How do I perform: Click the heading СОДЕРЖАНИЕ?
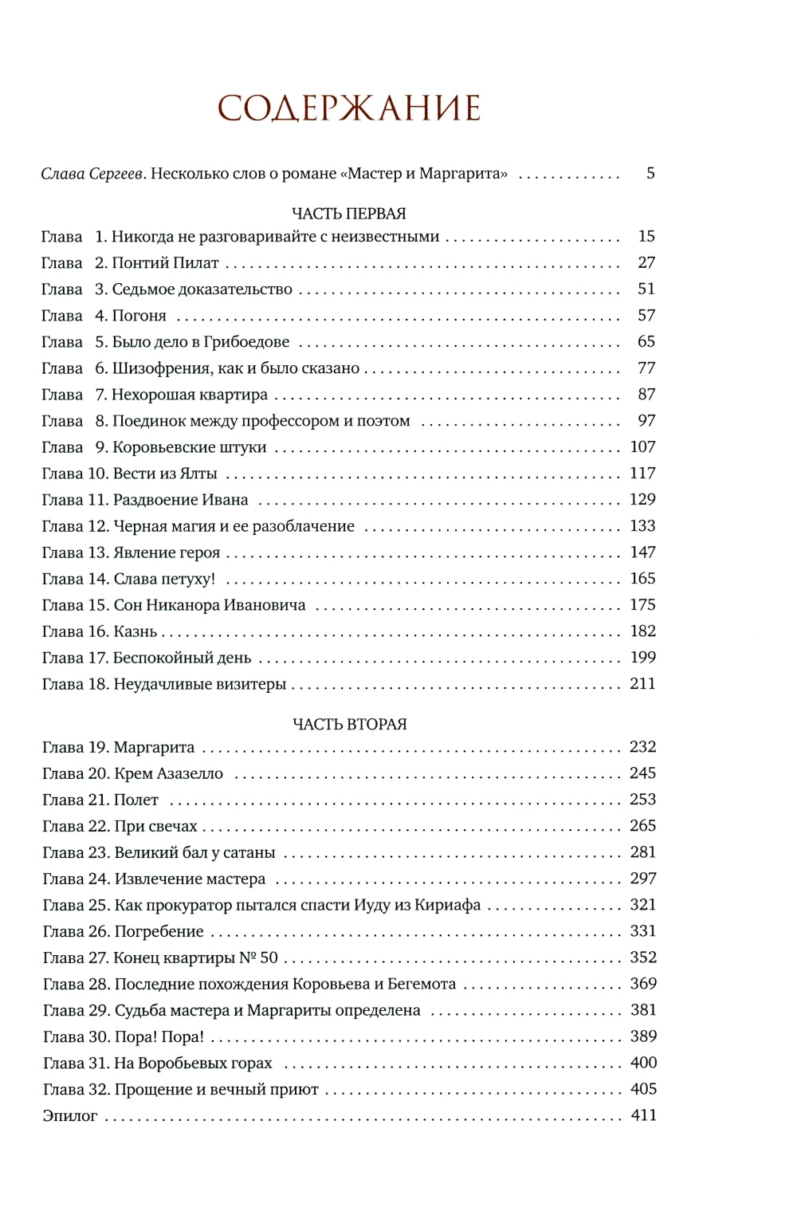pos(349,108)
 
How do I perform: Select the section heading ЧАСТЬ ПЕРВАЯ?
pos(349,214)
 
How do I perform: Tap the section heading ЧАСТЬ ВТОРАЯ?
pos(349,724)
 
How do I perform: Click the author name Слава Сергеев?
pos(93,174)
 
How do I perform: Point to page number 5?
pos(650,173)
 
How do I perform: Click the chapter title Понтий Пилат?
pos(165,263)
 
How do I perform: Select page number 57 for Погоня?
pos(646,316)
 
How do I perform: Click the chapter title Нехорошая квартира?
pos(190,395)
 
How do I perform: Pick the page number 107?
pos(642,447)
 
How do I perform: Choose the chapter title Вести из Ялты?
pos(165,474)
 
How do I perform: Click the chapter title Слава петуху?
pos(164,579)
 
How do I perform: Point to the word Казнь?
pos(135,631)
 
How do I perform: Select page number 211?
pos(642,684)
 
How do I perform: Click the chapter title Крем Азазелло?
pos(168,773)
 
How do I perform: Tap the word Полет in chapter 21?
pos(136,800)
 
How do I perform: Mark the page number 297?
pos(642,879)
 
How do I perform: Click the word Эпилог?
pos(70,1115)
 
